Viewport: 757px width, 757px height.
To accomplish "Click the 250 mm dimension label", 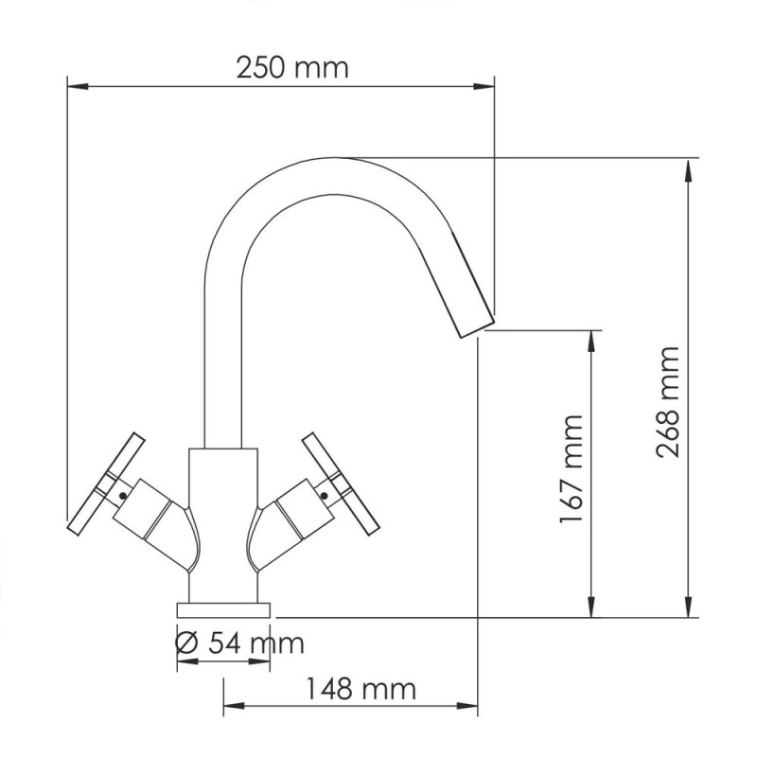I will [x=292, y=68].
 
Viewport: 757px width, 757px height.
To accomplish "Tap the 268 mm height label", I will [x=669, y=402].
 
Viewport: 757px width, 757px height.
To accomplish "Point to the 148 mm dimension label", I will [x=360, y=689].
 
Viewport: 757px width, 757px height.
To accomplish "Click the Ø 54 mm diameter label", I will [x=240, y=644].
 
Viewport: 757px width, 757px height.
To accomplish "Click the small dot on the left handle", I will [x=123, y=492].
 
